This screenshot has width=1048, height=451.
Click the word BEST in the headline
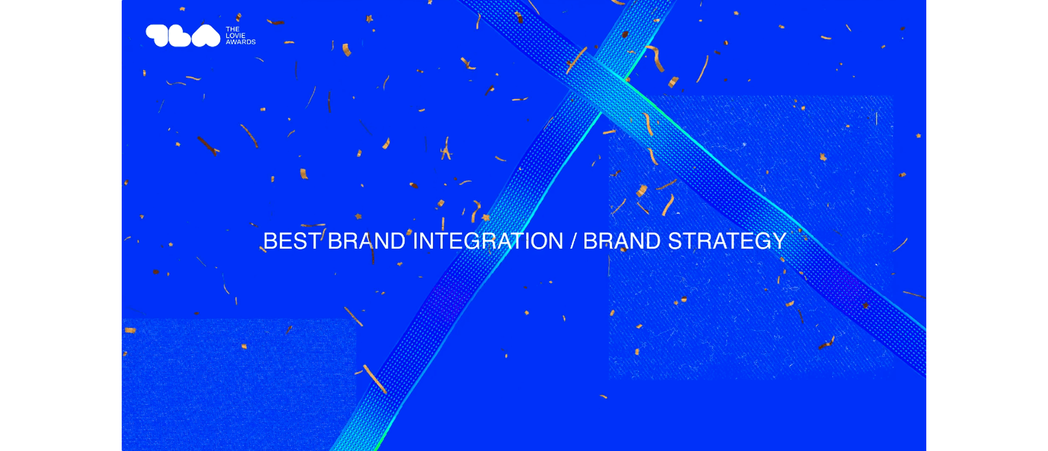[292, 241]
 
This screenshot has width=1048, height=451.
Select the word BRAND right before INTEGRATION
[366, 241]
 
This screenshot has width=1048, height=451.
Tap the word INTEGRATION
[488, 241]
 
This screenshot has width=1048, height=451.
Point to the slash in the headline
[573, 241]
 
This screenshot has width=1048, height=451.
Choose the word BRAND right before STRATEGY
[622, 241]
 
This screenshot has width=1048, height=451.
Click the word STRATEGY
[727, 241]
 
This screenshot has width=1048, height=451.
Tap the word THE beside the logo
[233, 29]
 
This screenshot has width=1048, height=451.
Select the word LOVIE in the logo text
[236, 35]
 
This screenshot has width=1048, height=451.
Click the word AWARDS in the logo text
[241, 42]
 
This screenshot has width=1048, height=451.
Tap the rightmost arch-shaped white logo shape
[206, 36]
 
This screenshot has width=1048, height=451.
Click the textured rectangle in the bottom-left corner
[239, 385]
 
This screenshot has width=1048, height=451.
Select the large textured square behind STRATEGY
[751, 238]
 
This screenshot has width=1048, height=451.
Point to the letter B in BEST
[270, 241]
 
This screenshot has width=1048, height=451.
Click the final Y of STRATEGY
[779, 241]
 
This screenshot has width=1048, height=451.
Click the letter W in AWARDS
[234, 42]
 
